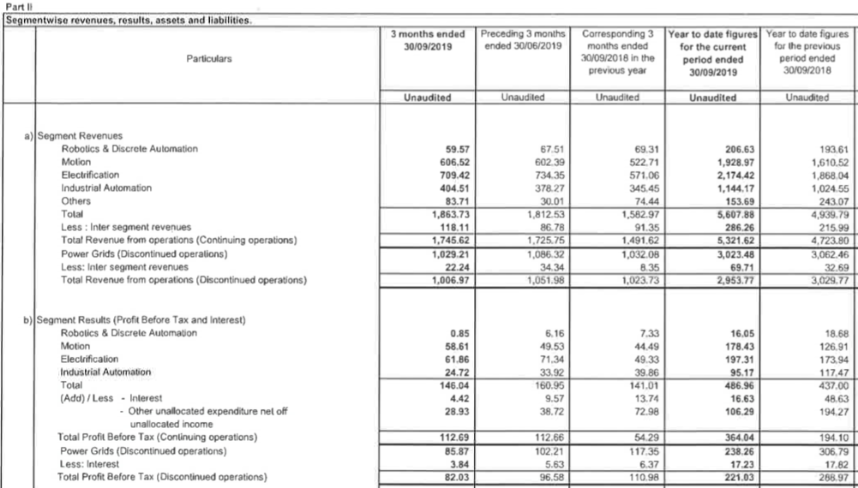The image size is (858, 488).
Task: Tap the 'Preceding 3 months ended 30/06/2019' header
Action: (x=520, y=39)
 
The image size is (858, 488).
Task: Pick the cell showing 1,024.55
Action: (x=827, y=187)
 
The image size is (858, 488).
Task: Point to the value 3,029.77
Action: (x=827, y=279)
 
